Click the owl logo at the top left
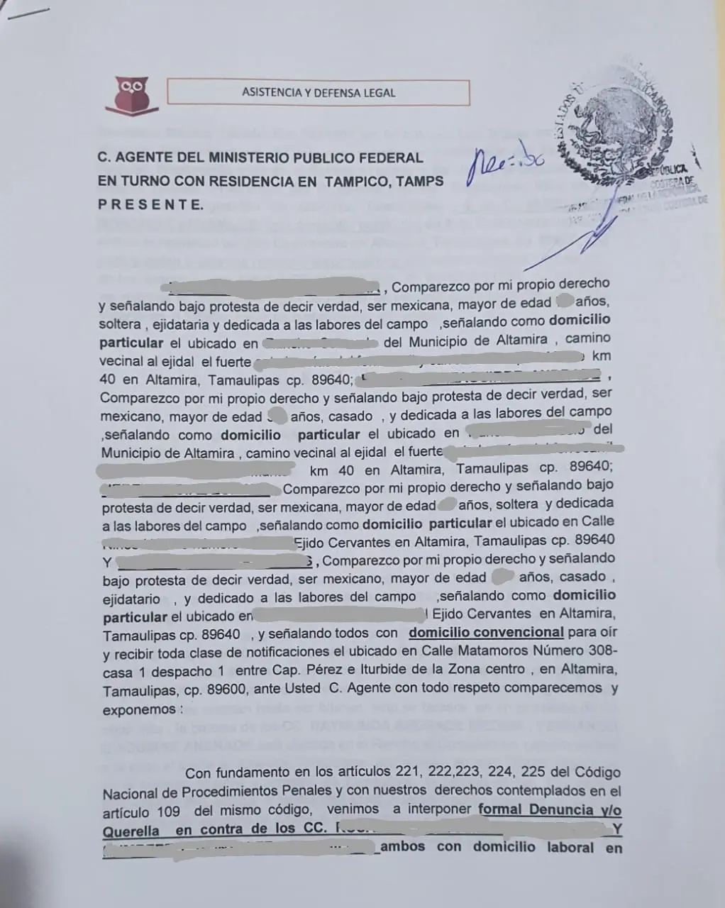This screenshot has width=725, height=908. [133, 94]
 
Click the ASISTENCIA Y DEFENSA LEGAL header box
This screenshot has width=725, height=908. [319, 93]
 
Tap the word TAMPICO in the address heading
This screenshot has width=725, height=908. [357, 181]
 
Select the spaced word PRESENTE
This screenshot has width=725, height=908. [150, 204]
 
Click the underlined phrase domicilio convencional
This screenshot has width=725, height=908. [486, 632]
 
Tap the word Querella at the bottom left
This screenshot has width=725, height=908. [131, 830]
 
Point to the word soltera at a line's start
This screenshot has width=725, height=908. [119, 324]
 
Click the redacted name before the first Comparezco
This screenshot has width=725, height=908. [270, 288]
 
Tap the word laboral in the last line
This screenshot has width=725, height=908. [570, 847]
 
